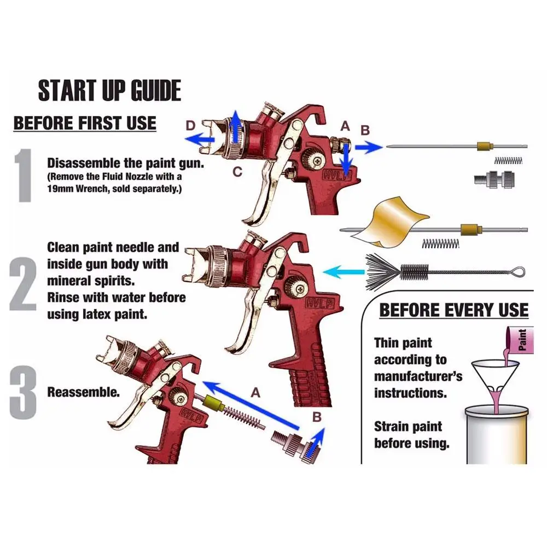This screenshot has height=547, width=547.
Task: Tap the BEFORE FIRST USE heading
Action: tap(85, 123)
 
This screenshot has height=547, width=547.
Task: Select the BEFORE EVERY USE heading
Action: tap(453, 310)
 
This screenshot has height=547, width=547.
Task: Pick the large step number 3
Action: tap(24, 391)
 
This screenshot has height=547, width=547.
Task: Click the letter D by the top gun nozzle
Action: tap(190, 126)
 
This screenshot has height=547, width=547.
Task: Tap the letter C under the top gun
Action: tap(237, 172)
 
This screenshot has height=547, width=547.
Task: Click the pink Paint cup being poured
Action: tap(517, 340)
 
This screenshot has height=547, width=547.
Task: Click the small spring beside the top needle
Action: tap(509, 160)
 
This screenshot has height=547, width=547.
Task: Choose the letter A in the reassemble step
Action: tap(254, 392)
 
